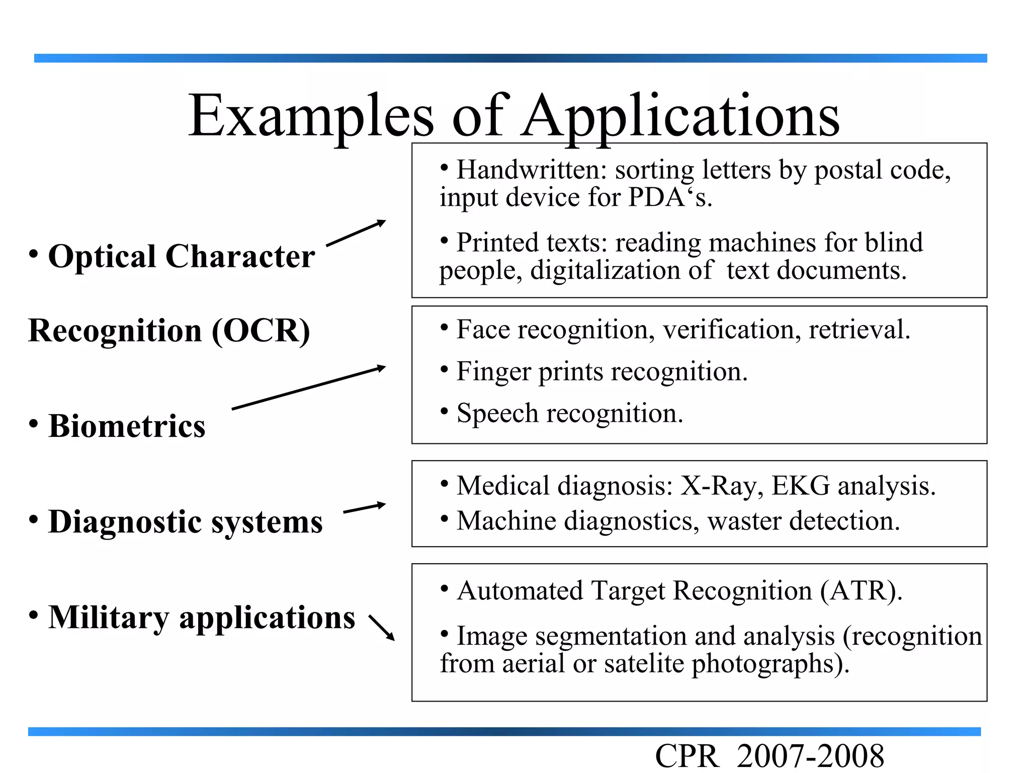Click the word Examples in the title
[310, 117]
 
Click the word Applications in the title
[680, 117]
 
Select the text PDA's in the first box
[670, 197]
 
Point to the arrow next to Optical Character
[356, 233]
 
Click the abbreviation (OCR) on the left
[261, 331]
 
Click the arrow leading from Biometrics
[308, 388]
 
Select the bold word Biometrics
[127, 426]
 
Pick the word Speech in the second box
[497, 414]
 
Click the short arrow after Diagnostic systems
[364, 508]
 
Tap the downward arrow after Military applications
[382, 628]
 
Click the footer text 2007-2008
[810, 756]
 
